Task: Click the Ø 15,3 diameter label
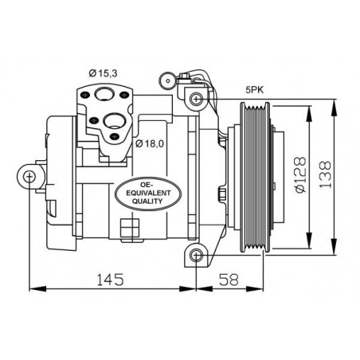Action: coord(103,73)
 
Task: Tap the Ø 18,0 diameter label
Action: coord(150,143)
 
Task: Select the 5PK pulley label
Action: coord(255,90)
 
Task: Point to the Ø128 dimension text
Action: coord(300,175)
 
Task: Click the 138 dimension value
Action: coord(325,174)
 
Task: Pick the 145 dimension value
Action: coord(110,280)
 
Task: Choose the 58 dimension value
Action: coord(229,280)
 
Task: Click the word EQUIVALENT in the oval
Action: coord(148,193)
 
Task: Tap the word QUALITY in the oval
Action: coord(147,202)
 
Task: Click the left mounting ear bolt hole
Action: coord(29,176)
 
